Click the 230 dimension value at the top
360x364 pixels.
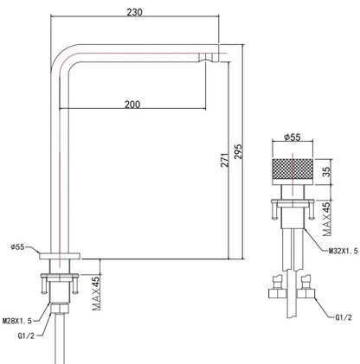point(134,12)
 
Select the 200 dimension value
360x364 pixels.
point(132,105)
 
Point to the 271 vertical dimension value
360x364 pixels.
point(225,160)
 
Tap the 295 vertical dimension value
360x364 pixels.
point(238,151)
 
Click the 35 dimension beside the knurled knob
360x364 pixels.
point(326,172)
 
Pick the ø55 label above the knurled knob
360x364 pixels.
point(292,137)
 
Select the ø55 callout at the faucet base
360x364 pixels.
point(18,247)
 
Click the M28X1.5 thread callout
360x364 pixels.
point(17,321)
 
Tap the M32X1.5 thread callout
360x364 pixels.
point(344,251)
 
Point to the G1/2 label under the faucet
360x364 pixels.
point(26,335)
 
